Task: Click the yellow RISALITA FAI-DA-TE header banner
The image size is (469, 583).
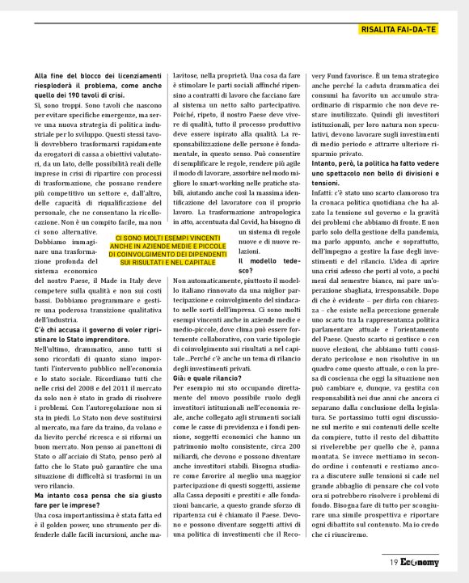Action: point(398,30)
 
